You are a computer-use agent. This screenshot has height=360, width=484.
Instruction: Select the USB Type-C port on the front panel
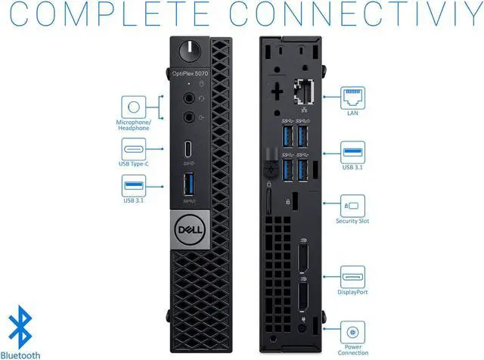click(x=189, y=148)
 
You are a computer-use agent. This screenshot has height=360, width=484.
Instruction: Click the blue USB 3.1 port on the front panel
click(x=189, y=184)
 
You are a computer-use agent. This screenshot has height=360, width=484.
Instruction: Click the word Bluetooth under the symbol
click(x=21, y=353)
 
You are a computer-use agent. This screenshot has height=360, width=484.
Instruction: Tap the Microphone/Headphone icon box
click(x=133, y=107)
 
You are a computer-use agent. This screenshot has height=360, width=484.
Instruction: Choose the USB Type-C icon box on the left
click(x=133, y=148)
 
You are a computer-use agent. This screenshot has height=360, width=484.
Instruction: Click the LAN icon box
click(x=352, y=95)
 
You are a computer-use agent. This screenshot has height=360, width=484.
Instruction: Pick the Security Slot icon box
click(x=352, y=204)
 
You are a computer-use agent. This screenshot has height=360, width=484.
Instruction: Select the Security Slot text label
click(x=352, y=222)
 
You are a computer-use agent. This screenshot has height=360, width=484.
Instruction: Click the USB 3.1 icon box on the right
click(x=352, y=149)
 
